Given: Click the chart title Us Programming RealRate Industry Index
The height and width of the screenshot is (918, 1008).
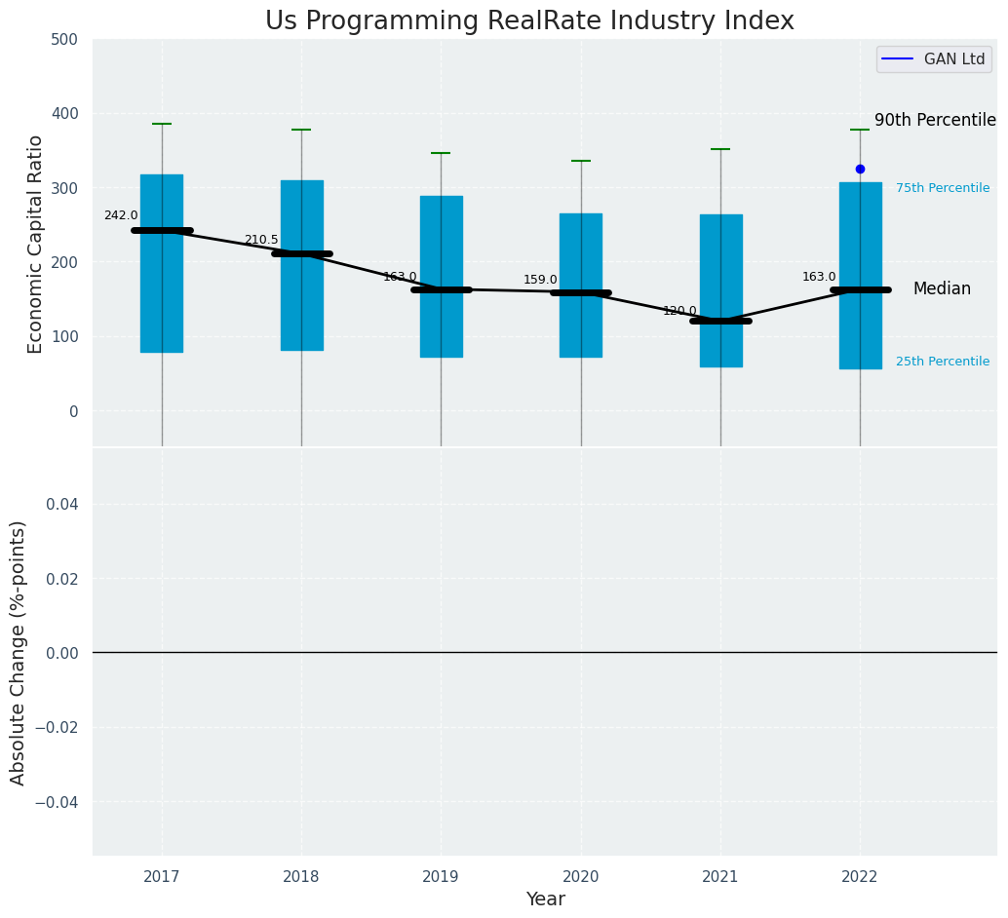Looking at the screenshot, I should pos(529,21).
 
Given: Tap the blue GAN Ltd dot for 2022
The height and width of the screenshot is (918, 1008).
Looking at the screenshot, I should pos(860,169).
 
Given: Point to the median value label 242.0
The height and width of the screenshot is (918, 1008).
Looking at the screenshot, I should pos(121,215).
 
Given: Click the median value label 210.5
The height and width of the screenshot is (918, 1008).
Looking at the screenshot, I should pos(261,240).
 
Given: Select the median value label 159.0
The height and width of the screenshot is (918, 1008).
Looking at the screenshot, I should pos(540,280).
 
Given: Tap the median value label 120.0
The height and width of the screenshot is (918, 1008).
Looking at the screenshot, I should pos(679,311).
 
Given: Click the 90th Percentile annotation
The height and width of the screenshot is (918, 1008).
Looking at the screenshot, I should pos(935,121).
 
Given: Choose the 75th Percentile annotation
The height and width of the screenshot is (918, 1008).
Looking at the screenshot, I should pos(943,188).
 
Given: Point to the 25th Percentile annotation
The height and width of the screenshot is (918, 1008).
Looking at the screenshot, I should pos(943,362).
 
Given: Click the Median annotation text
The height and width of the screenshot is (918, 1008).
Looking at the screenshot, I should pos(942,289).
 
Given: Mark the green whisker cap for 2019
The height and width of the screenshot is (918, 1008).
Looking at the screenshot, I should pos(441,153).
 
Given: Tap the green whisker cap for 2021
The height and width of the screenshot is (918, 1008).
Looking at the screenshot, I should pos(720,149).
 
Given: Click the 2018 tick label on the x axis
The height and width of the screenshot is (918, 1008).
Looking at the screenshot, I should pos(301,877).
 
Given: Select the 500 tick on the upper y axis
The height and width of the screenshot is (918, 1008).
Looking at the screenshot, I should pos(65,39).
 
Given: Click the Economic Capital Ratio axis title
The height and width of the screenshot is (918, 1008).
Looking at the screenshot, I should pos(36,244).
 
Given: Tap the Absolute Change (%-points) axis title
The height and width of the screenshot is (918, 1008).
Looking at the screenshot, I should pos(19,652).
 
